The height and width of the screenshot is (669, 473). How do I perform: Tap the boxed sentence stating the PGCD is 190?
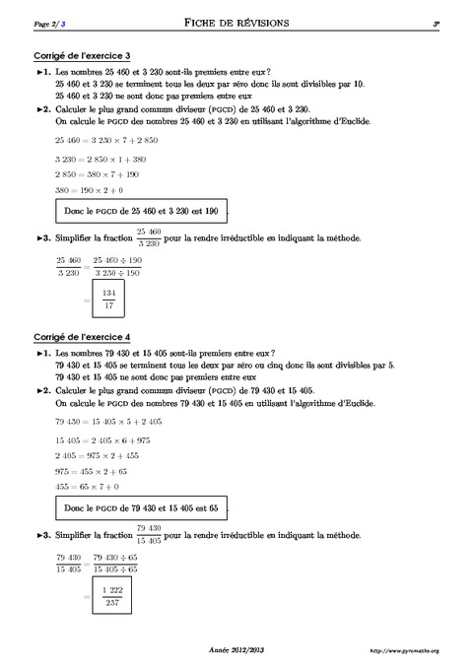coord(140,211)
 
